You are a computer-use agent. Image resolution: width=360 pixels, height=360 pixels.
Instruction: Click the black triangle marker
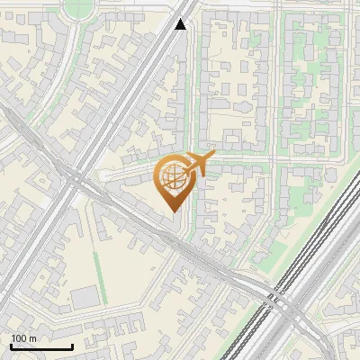click(181, 24)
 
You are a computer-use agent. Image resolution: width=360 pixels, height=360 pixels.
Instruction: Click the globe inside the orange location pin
click(172, 176)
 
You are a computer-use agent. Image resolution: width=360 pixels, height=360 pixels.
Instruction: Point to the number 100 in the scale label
click(20, 338)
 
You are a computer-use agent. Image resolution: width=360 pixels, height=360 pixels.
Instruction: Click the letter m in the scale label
click(34, 338)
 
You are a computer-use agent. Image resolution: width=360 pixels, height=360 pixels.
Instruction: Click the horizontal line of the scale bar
click(41, 346)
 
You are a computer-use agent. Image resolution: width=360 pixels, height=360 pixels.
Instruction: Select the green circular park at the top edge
click(78, 7)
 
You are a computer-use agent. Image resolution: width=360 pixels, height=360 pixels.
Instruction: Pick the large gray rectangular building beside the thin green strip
click(84, 297)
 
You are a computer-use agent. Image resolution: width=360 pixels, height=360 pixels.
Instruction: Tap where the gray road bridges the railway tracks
click(286, 302)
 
